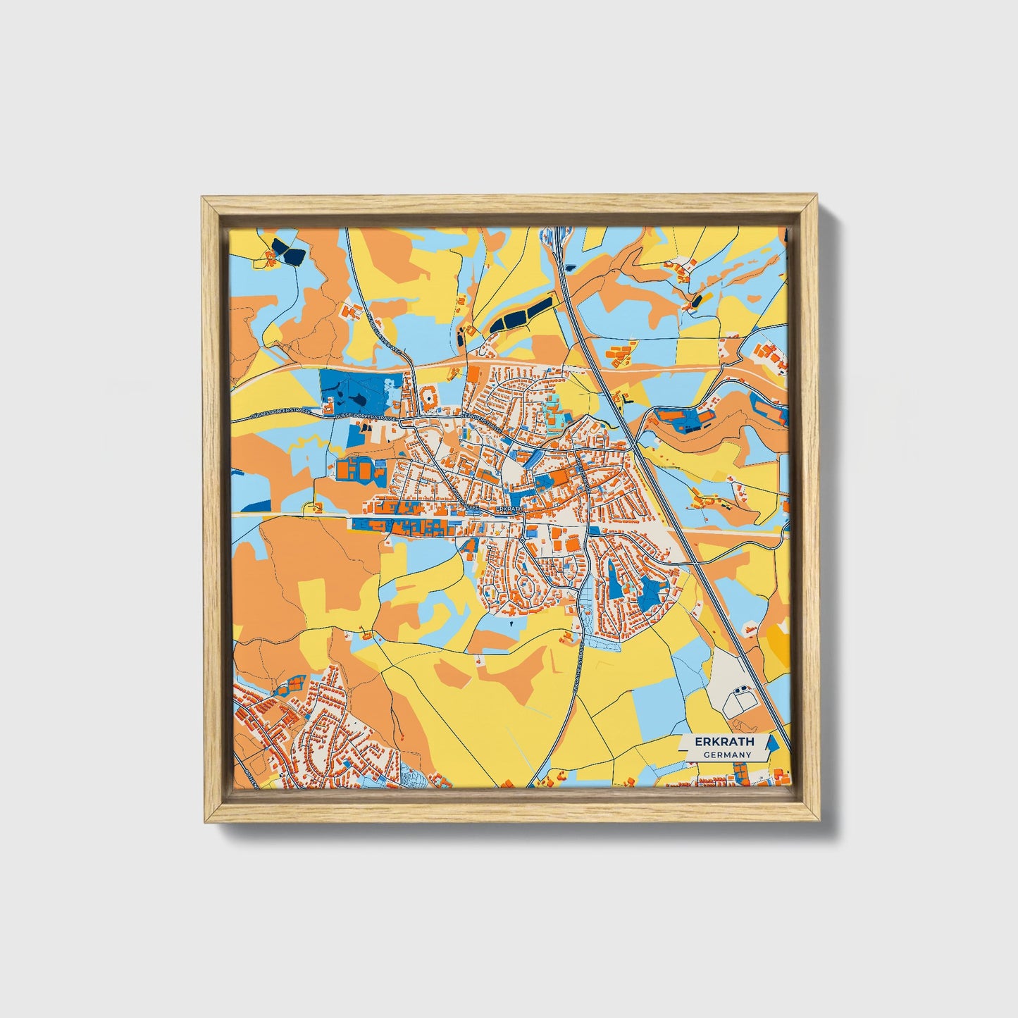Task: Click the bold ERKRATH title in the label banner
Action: pyautogui.click(x=724, y=741)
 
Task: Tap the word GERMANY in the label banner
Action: pyautogui.click(x=727, y=755)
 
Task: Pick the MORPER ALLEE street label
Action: pyautogui.click(x=465, y=502)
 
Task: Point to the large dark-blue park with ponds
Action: pyautogui.click(x=356, y=392)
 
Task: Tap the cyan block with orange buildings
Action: pyautogui.click(x=553, y=411)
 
